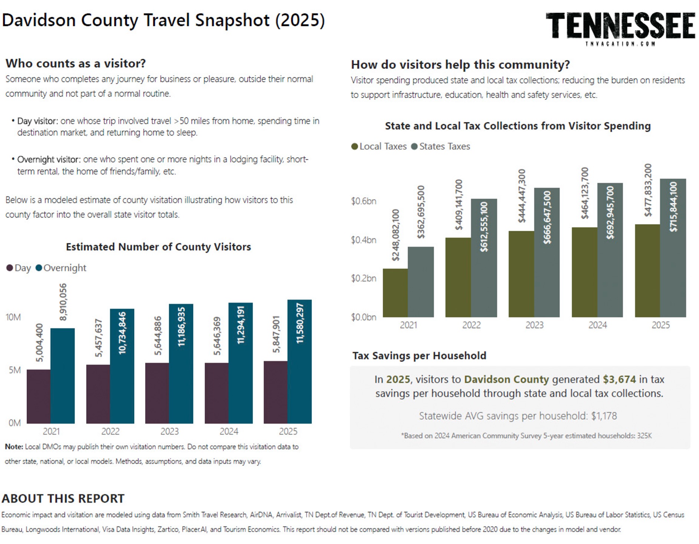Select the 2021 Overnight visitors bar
coord(62,376)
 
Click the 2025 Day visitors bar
coord(275,392)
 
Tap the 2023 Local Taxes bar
coord(521,274)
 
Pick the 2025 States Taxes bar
coord(673,248)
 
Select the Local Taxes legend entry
coord(379,146)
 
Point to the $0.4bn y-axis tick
coord(364,240)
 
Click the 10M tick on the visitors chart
coord(13,317)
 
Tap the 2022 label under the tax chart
coord(471,325)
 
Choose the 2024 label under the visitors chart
coord(229,431)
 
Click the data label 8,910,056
coord(63,302)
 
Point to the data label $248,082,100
coord(396,235)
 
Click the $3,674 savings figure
coord(619,379)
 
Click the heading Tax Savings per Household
coord(419,356)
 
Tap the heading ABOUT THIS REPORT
coord(63,498)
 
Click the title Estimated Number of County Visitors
coord(159,247)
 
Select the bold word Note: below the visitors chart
coord(14,447)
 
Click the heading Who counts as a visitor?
coord(76,63)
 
